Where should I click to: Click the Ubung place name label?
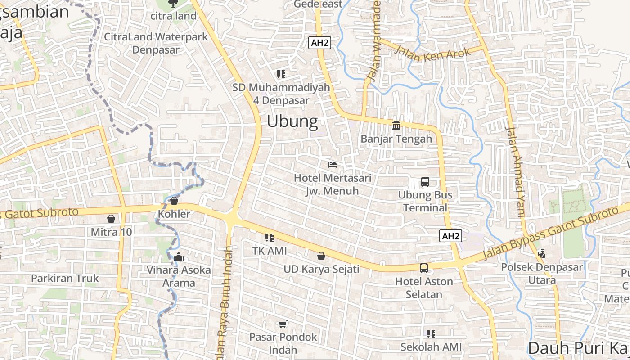(292, 121)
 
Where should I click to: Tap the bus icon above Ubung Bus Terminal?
(425, 182)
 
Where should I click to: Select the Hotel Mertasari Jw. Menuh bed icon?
(333, 164)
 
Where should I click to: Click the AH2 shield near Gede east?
(320, 43)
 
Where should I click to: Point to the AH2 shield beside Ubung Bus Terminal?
(451, 236)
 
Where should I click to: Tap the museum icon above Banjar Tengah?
(396, 125)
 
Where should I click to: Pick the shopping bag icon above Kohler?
(174, 200)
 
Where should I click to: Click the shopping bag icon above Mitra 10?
(111, 219)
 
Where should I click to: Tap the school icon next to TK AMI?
(270, 237)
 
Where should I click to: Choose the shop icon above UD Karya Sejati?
(321, 256)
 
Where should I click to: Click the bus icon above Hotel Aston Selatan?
(424, 268)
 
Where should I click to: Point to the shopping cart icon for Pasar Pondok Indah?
(283, 324)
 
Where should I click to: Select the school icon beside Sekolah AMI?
(431, 334)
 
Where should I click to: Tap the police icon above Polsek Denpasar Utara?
(542, 253)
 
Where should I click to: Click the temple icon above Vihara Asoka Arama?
(179, 256)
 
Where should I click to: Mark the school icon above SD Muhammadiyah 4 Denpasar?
(281, 74)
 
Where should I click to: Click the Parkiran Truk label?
(65, 278)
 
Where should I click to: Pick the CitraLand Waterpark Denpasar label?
(156, 43)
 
